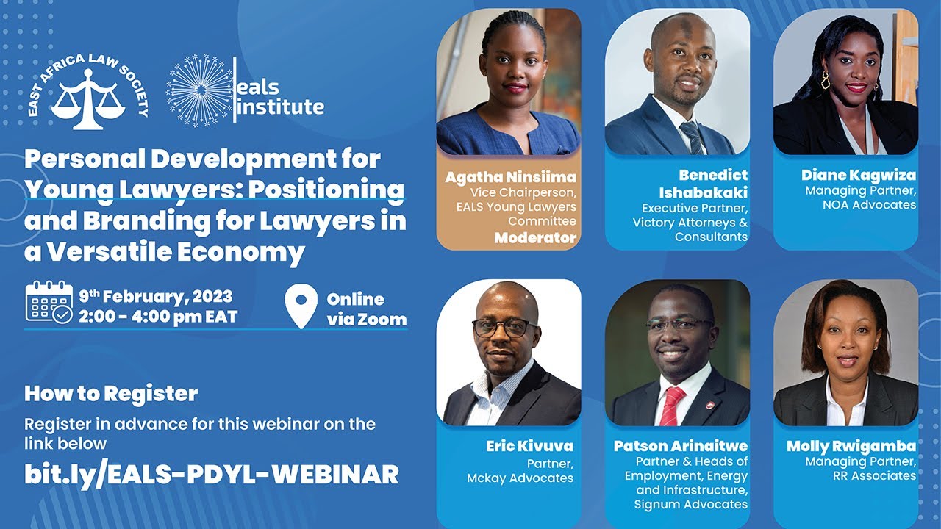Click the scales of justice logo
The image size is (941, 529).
coord(83,99)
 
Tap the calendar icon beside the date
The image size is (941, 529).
coord(49,302)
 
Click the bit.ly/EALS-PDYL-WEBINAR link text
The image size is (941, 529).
coord(212,474)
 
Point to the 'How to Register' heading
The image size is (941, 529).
coord(111,393)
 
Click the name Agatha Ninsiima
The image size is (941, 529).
coord(510,177)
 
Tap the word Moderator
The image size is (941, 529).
coord(535,237)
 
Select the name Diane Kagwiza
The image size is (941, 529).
coord(859,175)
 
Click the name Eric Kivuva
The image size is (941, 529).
coord(529,446)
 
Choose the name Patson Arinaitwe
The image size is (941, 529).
coord(681,446)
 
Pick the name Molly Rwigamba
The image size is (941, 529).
coord(851,446)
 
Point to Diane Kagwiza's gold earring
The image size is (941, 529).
coord(826,80)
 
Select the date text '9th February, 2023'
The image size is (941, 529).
coord(156,297)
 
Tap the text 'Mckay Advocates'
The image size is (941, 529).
coord(520,478)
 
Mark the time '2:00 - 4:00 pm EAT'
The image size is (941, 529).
coord(157,317)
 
